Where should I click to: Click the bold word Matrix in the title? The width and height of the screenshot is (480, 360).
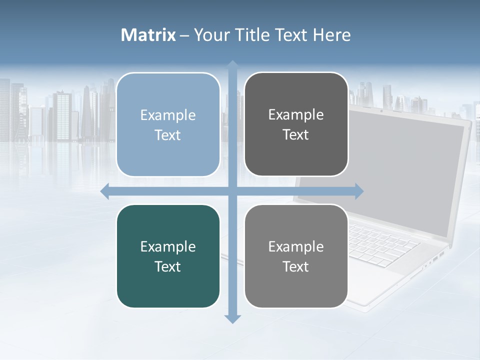(148, 35)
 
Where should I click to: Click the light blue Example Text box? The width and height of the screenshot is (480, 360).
(168, 124)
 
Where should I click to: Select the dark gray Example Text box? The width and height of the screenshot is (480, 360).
(296, 124)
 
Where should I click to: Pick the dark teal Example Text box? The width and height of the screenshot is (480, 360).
(168, 256)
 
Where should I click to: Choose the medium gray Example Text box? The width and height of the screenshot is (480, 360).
(296, 256)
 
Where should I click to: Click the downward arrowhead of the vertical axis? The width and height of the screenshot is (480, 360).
(232, 319)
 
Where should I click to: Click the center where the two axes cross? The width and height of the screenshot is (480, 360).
(232, 191)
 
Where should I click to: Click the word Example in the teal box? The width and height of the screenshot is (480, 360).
(168, 246)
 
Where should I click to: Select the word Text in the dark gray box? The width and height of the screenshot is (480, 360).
(296, 135)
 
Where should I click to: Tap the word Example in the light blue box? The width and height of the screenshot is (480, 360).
(168, 115)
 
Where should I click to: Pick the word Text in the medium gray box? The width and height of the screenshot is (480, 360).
(296, 267)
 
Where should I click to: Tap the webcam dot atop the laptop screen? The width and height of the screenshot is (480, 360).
(381, 110)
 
